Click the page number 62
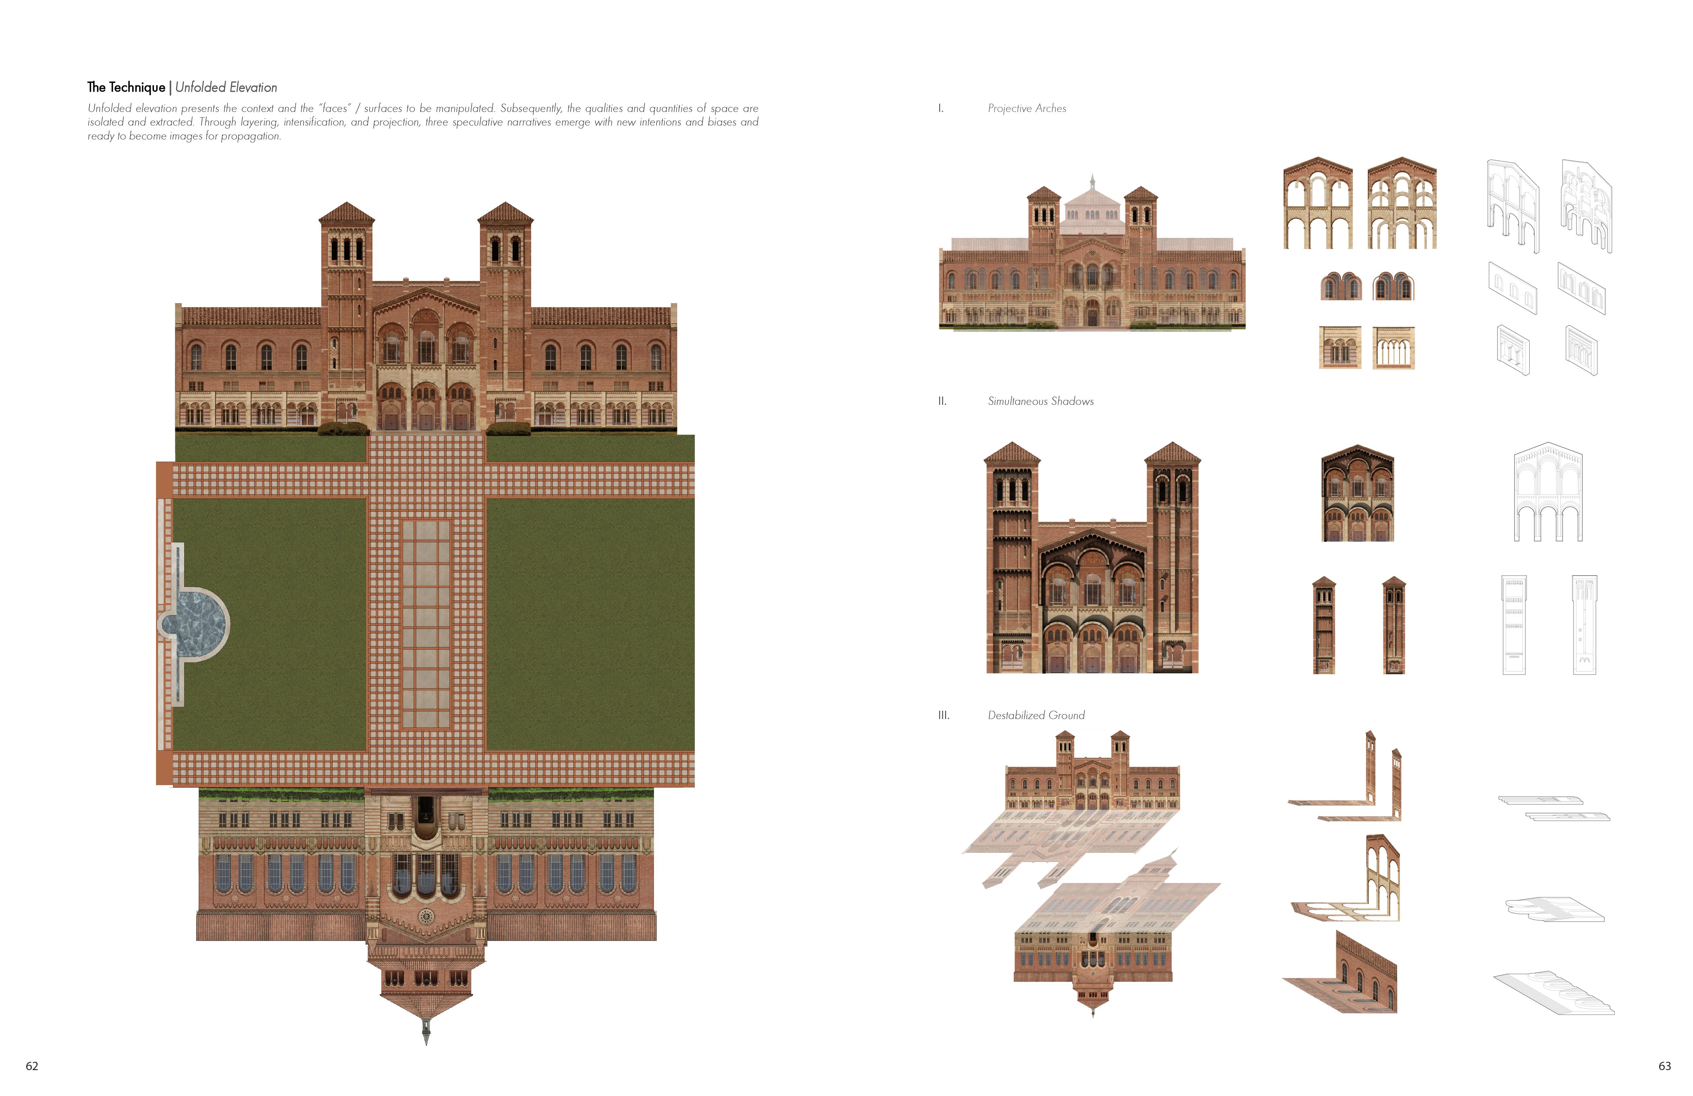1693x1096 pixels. [x=32, y=1065]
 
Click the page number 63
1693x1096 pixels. [x=1664, y=1065]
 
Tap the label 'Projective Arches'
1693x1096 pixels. [x=1026, y=108]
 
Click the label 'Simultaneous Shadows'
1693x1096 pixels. [x=1040, y=402]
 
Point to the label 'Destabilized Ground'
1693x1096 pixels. [x=1036, y=715]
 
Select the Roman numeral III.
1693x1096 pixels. [x=943, y=715]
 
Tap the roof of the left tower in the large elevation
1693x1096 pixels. [x=347, y=213]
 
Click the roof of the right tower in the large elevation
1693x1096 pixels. [x=505, y=213]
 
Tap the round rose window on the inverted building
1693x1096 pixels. [x=426, y=915]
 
